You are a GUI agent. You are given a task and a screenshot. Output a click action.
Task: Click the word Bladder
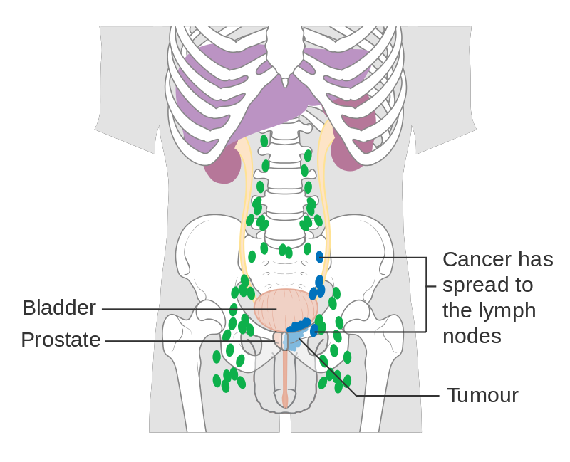(59, 308)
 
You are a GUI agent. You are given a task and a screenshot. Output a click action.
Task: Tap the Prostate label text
(61, 340)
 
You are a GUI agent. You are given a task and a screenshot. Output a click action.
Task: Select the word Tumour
(482, 396)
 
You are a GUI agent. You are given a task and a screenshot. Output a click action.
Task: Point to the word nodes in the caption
(472, 336)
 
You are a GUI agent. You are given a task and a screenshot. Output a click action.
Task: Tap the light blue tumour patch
(291, 340)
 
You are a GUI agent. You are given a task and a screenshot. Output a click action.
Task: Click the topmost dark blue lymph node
(320, 256)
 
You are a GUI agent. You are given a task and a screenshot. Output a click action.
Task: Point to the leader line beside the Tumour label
(399, 396)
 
